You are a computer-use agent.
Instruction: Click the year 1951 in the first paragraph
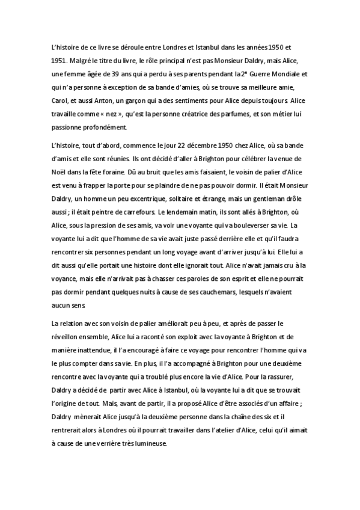(59, 61)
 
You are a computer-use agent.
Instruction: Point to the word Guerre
(250, 74)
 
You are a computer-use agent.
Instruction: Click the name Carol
(61, 100)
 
